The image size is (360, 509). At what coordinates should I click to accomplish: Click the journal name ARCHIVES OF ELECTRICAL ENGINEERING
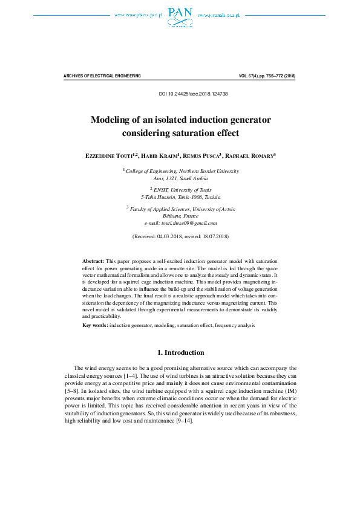(x=102, y=76)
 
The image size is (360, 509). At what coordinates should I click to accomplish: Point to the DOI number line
(x=193, y=94)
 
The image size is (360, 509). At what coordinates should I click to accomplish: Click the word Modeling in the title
(x=112, y=119)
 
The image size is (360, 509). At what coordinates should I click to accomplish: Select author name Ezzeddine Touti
(x=111, y=155)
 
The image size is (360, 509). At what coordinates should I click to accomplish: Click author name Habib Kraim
(x=160, y=155)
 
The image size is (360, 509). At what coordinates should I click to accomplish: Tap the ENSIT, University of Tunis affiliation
(x=181, y=189)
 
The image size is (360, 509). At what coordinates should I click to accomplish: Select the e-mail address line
(x=180, y=223)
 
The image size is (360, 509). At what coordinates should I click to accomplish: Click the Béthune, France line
(x=180, y=216)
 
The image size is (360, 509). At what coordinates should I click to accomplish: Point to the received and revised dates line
(x=180, y=236)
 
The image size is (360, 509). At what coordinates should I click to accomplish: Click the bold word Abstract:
(x=93, y=261)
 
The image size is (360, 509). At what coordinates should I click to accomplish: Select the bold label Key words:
(x=96, y=325)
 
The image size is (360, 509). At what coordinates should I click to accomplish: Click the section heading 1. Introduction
(x=180, y=352)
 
